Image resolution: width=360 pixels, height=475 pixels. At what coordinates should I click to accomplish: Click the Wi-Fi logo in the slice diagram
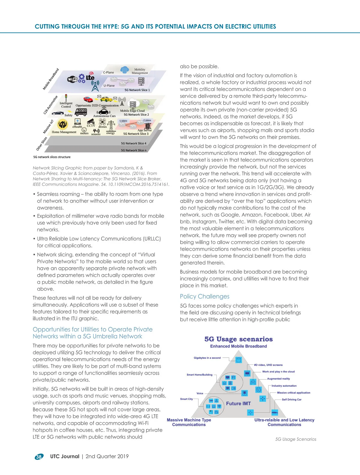(x=72, y=79)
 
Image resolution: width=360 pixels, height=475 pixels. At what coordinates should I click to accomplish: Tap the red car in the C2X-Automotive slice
(x=88, y=99)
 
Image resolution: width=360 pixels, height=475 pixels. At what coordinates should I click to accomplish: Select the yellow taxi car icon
(x=106, y=99)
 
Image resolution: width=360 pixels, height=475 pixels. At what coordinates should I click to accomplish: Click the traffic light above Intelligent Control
(x=66, y=97)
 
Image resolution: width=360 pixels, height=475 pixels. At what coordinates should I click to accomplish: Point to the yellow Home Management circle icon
(x=62, y=124)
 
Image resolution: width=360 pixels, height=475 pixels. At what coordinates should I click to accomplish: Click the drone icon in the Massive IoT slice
(x=103, y=122)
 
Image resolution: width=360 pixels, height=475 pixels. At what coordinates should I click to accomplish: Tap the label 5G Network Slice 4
(x=133, y=143)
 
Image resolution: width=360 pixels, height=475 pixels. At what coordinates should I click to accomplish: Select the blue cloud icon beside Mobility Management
(x=124, y=70)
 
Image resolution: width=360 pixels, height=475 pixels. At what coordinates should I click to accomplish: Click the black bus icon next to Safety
(x=81, y=112)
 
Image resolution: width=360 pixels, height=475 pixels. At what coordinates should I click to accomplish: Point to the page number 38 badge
(x=39, y=457)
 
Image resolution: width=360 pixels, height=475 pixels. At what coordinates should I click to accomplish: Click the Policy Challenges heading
(x=205, y=296)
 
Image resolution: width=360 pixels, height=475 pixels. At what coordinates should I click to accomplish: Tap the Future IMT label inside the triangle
(x=238, y=404)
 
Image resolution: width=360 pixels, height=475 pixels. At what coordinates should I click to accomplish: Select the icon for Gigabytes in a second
(x=238, y=360)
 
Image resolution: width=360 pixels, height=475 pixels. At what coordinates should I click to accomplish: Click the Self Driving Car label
(x=292, y=400)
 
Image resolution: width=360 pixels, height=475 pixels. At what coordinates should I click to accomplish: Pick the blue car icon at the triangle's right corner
(x=274, y=413)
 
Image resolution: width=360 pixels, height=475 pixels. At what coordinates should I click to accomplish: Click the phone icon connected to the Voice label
(x=245, y=393)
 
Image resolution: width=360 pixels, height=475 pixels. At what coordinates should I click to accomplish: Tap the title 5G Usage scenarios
(x=238, y=339)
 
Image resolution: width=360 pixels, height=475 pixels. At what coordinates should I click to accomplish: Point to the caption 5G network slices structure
(x=52, y=157)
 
